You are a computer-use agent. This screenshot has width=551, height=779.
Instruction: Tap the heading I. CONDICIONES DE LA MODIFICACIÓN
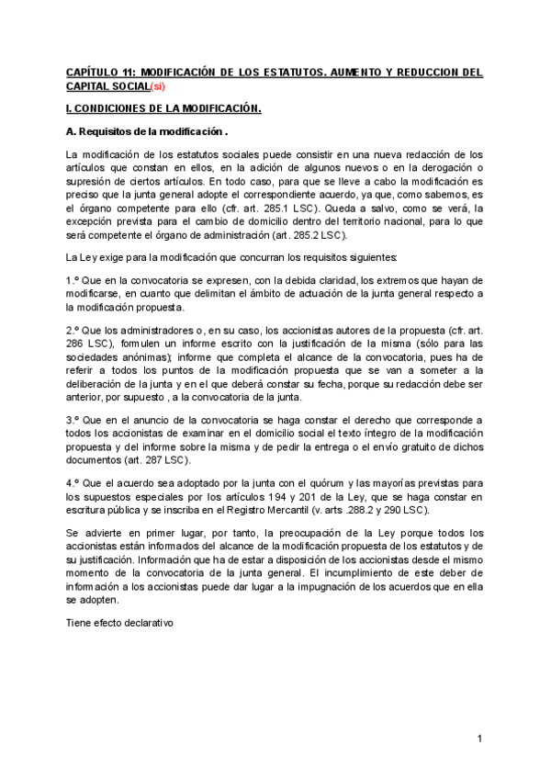(x=163, y=108)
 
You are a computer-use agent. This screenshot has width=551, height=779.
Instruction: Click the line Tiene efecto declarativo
(x=119, y=623)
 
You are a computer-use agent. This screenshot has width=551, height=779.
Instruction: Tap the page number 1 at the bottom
(x=479, y=739)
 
